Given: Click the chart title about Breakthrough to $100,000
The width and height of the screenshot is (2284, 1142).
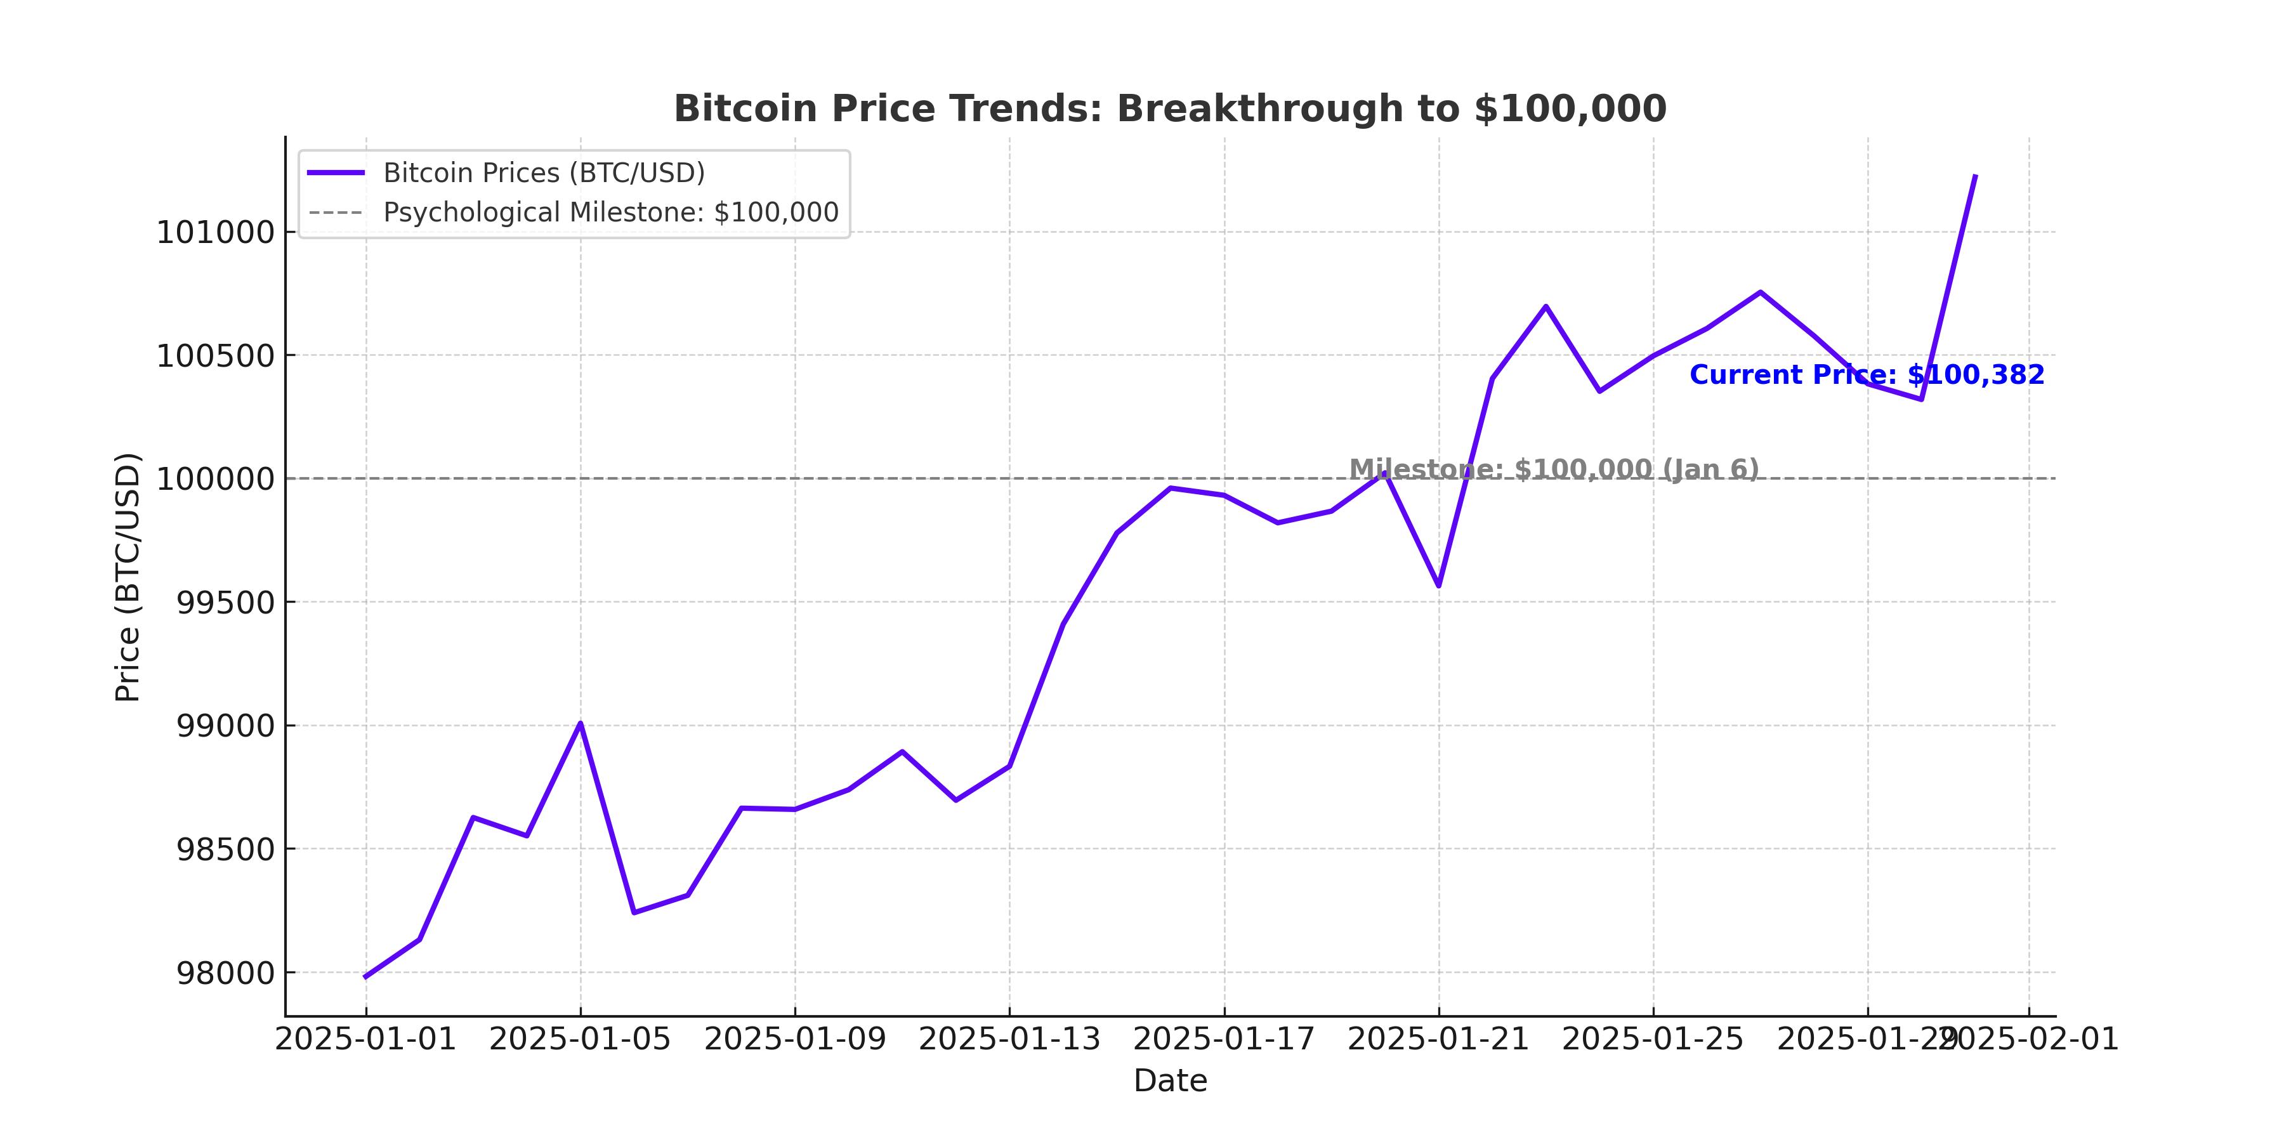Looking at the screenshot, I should [1169, 109].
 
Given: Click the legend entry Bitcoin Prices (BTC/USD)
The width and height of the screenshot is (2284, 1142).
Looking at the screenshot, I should [544, 173].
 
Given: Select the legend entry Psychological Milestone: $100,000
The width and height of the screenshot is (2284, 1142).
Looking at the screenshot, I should [610, 213].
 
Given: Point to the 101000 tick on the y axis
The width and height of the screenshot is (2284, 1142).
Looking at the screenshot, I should [216, 233].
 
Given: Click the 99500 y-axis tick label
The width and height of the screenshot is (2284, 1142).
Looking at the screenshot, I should [226, 603].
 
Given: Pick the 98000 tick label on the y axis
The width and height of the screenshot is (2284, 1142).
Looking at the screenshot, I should [226, 973].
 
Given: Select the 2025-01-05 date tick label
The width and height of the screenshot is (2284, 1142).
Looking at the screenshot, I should [580, 1039].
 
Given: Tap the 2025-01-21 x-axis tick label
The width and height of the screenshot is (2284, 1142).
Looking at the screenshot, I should [1438, 1039].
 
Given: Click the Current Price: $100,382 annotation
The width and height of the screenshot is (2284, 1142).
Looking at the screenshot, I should [1867, 375].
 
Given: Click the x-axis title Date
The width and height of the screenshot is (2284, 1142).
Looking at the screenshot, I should [1169, 1081].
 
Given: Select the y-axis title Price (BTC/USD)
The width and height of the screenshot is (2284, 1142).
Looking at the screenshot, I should [129, 577].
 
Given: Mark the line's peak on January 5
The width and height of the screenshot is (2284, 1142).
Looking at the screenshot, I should [580, 723].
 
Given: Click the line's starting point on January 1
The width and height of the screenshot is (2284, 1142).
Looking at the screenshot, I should [365, 977].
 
